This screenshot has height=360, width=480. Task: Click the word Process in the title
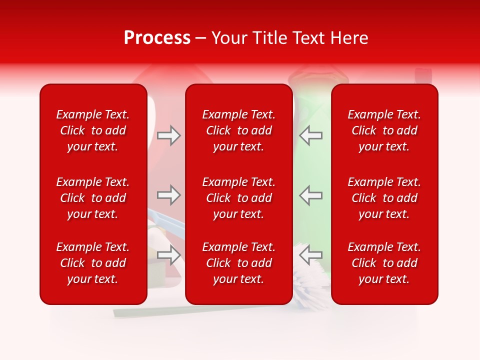pos(157,38)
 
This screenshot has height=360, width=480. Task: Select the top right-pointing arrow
pos(169,135)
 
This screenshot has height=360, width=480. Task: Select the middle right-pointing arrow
pos(169,195)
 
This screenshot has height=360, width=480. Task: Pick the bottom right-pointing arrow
pos(169,255)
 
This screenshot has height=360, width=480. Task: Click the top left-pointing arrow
pos(310,135)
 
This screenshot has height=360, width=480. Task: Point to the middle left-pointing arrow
pos(310,195)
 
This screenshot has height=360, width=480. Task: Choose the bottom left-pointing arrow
pos(310,255)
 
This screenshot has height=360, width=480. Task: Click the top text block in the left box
pos(93,130)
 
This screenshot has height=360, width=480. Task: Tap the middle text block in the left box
pos(93,198)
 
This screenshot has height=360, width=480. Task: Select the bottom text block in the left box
pos(93,263)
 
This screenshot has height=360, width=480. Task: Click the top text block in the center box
pos(238,130)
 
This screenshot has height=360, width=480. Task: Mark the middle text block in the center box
pos(238,198)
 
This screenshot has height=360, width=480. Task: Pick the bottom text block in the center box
pos(238,263)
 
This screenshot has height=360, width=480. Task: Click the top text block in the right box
pos(384,130)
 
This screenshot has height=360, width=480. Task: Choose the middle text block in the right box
pos(384,198)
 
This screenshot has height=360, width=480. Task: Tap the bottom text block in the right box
pos(384,263)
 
